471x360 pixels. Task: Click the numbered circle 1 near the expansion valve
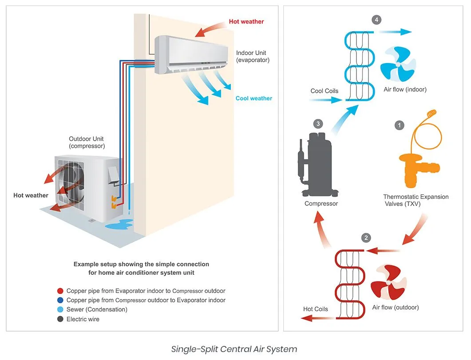click(x=400, y=126)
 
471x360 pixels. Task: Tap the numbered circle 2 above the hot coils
click(x=365, y=238)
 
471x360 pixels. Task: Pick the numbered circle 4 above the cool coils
click(x=376, y=20)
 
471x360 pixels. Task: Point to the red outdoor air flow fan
click(x=388, y=284)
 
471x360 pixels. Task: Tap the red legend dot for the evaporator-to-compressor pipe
click(x=60, y=291)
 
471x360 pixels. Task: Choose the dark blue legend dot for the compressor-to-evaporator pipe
click(x=60, y=301)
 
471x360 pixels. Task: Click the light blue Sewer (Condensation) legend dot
click(x=60, y=310)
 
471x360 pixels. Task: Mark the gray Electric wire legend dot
click(x=60, y=319)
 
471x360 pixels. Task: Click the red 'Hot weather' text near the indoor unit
click(x=246, y=21)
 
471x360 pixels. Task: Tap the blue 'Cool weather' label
click(x=253, y=98)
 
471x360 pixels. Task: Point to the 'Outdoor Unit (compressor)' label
click(x=87, y=142)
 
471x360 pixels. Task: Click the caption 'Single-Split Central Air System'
click(x=234, y=348)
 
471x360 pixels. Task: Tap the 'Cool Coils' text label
click(x=324, y=91)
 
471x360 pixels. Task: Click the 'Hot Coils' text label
click(x=315, y=309)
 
